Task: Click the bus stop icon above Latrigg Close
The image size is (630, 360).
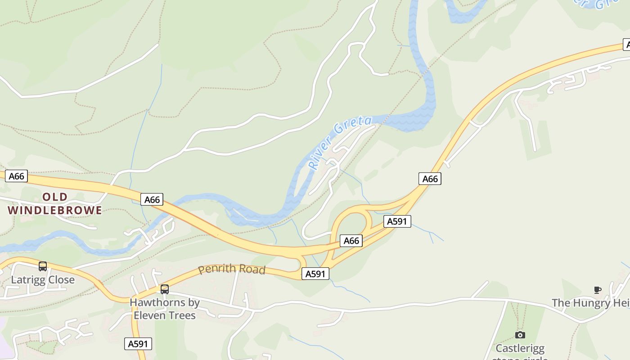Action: [43, 266]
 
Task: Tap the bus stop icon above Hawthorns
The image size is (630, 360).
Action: [165, 289]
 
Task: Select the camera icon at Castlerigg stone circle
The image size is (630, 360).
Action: [520, 335]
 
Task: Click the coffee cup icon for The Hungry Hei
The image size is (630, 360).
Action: [598, 290]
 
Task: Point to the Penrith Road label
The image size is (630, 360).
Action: [232, 269]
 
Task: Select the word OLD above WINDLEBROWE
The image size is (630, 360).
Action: [55, 197]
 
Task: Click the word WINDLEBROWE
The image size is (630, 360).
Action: [55, 210]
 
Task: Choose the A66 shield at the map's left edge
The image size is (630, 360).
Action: [17, 176]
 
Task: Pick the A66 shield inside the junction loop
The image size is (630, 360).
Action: [351, 241]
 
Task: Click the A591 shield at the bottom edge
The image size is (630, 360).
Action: [138, 344]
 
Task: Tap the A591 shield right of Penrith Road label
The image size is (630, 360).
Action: [315, 274]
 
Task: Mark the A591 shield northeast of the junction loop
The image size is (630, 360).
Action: [397, 221]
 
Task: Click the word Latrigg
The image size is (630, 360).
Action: [27, 280]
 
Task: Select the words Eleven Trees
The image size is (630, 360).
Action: [165, 315]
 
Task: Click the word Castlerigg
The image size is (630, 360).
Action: [520, 348]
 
